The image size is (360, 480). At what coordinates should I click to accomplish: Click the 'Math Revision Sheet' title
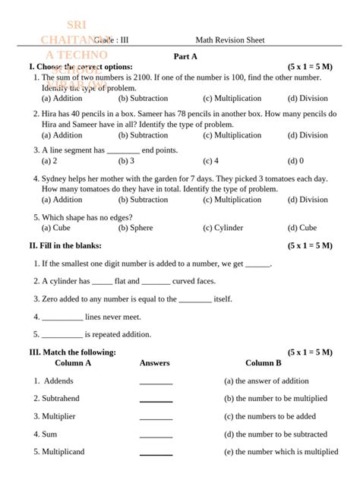pyautogui.click(x=230, y=40)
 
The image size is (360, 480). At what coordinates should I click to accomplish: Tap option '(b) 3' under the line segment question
pyautogui.click(x=127, y=161)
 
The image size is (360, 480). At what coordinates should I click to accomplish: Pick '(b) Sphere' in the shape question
pyautogui.click(x=136, y=228)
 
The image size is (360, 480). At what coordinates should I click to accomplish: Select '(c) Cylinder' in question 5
pyautogui.click(x=223, y=228)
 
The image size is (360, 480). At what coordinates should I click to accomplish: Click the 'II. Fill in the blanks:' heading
pyautogui.click(x=65, y=246)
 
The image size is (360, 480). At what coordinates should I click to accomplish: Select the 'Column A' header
pyautogui.click(x=73, y=363)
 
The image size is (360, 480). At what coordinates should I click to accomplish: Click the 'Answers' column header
pyautogui.click(x=155, y=363)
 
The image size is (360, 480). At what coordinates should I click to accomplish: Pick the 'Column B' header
pyautogui.click(x=263, y=363)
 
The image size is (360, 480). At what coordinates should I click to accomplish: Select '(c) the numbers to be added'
pyautogui.click(x=270, y=416)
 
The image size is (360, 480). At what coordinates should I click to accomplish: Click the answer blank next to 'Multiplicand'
pyautogui.click(x=156, y=454)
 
